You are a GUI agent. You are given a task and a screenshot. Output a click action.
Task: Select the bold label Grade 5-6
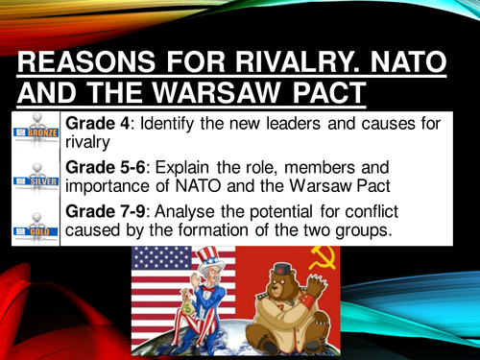coord(109,168)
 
